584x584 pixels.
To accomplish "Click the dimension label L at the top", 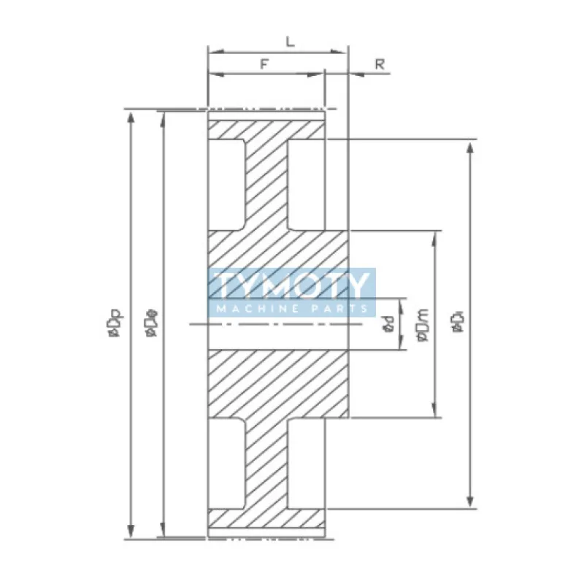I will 290,42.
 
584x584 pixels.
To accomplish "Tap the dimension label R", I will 380,64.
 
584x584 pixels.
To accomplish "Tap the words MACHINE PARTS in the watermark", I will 292,310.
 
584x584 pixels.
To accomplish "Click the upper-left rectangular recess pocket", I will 227,184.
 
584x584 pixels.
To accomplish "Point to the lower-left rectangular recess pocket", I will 227,464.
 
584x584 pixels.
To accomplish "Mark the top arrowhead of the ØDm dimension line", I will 436,237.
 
